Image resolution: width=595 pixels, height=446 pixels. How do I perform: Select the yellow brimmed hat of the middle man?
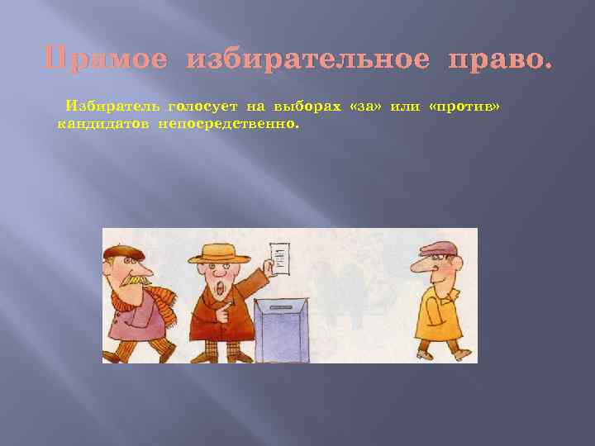click(218, 253)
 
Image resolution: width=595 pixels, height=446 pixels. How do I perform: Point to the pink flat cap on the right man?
click(438, 249)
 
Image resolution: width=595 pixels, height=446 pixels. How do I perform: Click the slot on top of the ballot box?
click(280, 303)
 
